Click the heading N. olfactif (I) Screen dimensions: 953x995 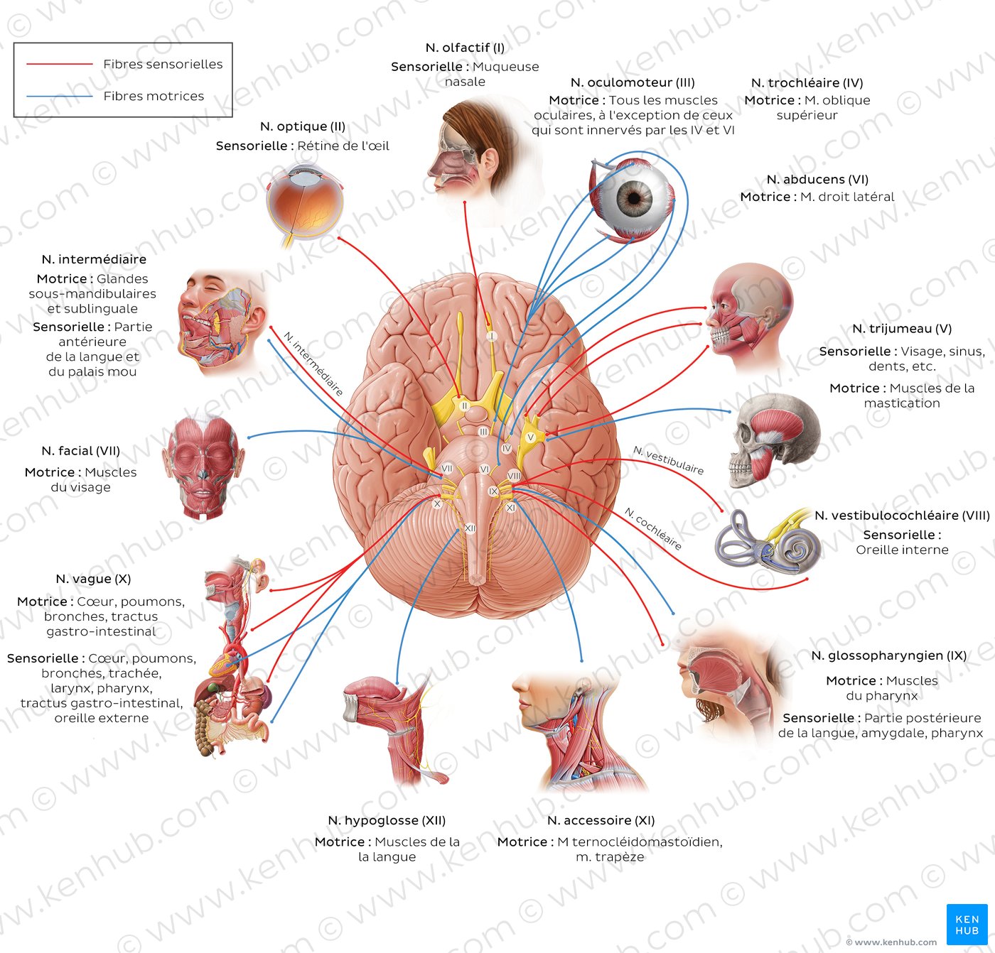click(465, 48)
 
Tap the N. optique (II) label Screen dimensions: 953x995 click(303, 126)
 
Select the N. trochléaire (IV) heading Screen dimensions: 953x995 click(807, 83)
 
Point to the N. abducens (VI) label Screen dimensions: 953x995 click(817, 180)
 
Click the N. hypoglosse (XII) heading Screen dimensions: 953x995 click(387, 820)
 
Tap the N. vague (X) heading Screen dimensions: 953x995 click(93, 579)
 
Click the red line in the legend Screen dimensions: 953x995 click(60, 64)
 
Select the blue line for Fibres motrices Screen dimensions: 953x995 click(60, 96)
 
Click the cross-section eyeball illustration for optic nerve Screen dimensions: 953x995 click(304, 202)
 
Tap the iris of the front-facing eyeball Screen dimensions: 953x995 click(634, 197)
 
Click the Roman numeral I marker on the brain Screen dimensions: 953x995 click(490, 336)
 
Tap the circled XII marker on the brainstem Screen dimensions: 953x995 click(470, 528)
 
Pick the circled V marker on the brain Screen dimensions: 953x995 click(530, 437)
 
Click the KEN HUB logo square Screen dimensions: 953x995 click(967, 924)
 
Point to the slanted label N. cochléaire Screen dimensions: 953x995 click(653, 529)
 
